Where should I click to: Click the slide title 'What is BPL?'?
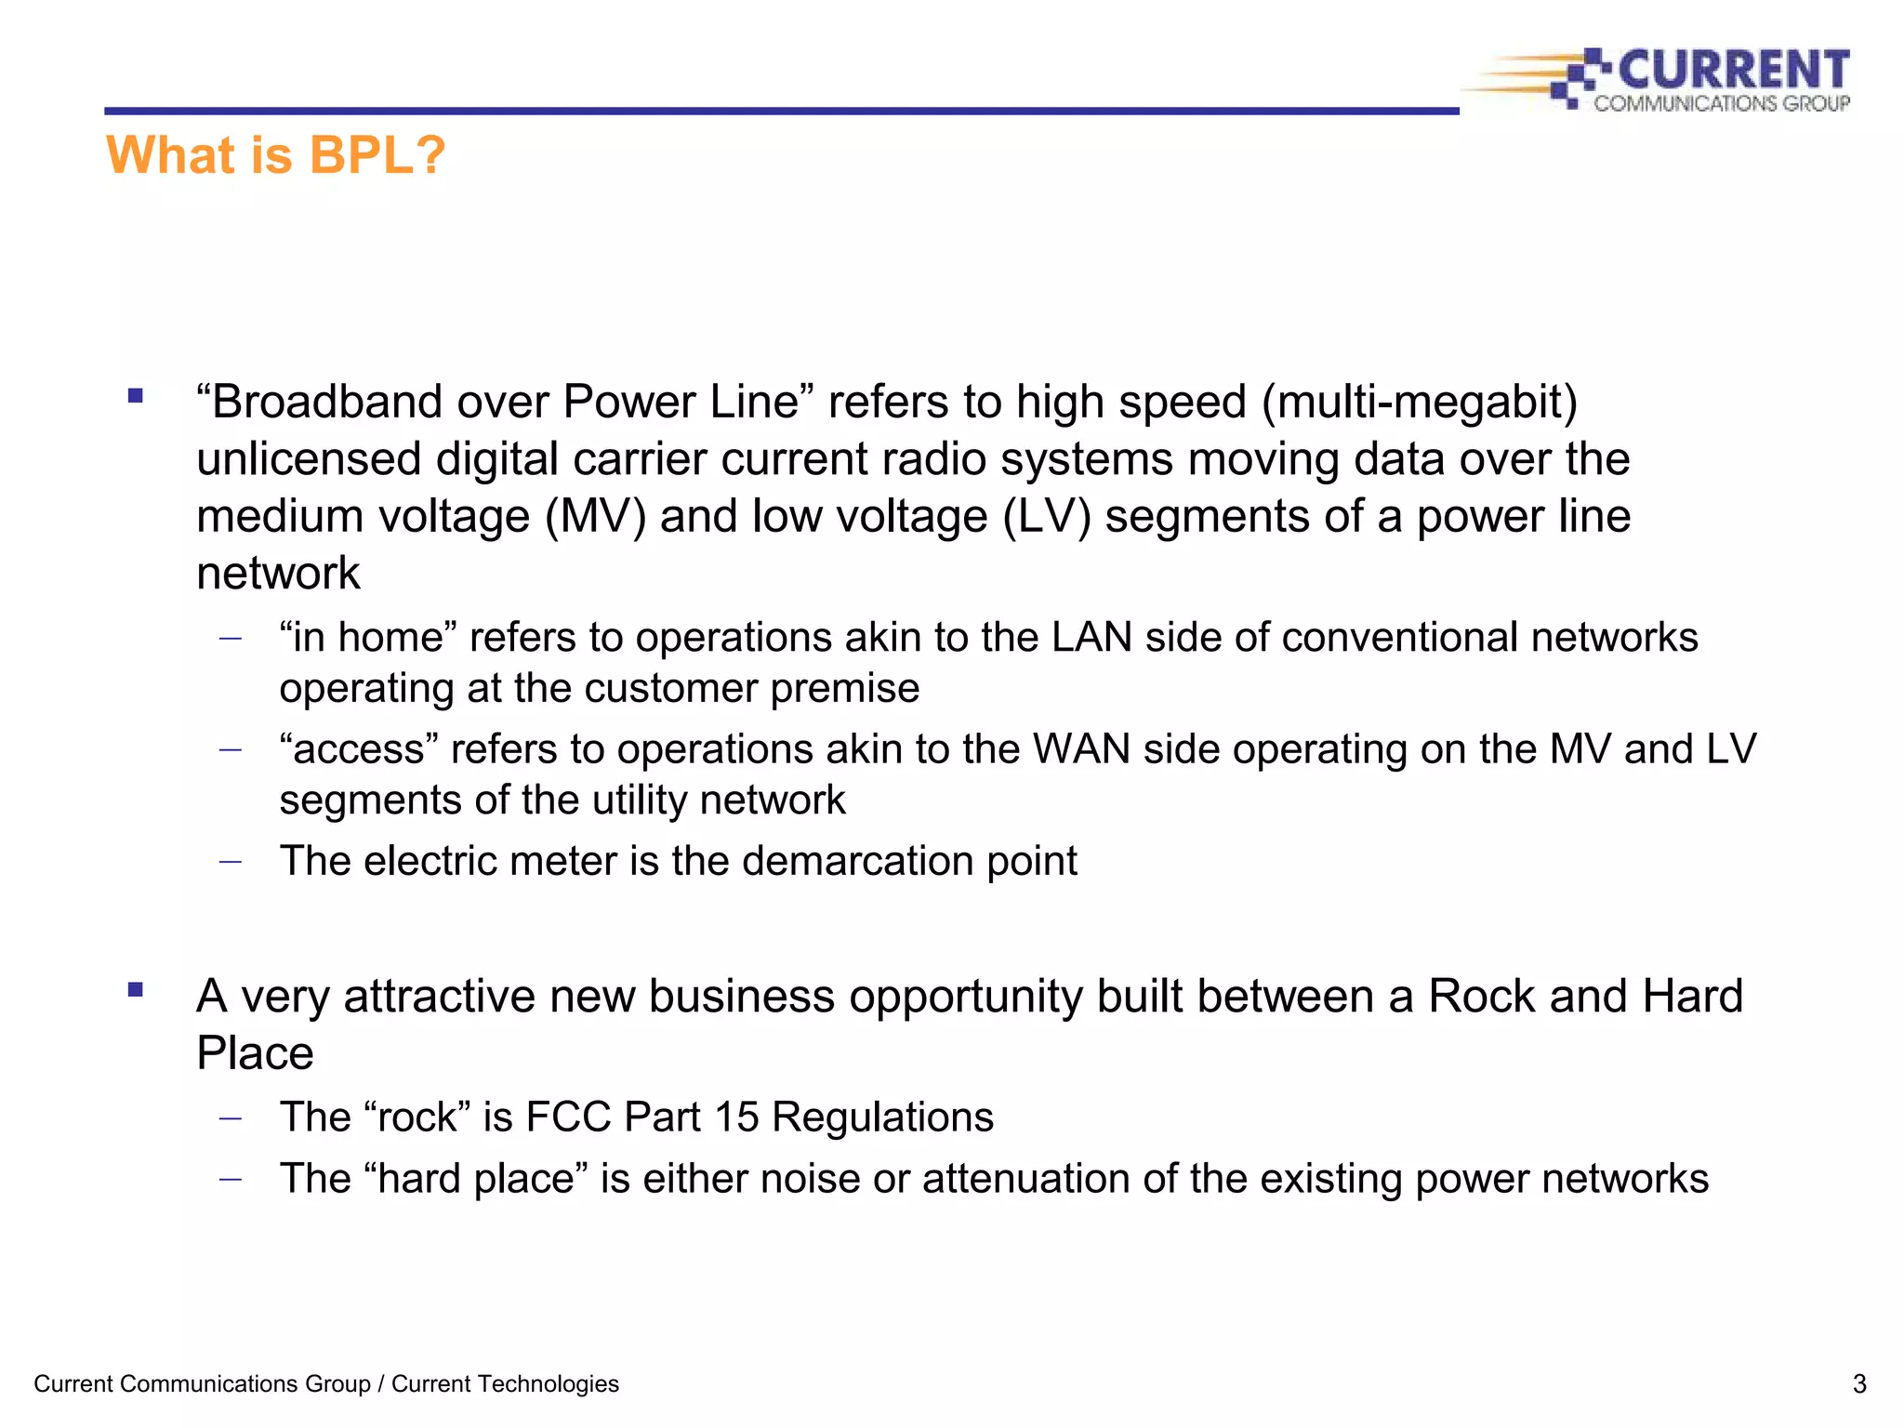(275, 155)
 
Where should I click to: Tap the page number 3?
(1858, 1384)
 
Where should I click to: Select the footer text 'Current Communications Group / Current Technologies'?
(326, 1384)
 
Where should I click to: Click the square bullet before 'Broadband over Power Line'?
(136, 396)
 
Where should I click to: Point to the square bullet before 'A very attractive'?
(136, 990)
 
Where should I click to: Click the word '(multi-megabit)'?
(1420, 403)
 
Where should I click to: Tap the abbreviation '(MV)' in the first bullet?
(595, 517)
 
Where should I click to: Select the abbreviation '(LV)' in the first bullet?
(1047, 517)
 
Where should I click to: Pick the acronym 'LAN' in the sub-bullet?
(1091, 638)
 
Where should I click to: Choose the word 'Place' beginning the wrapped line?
(255, 1053)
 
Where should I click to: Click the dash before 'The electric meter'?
(230, 862)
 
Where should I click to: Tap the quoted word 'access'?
(359, 749)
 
